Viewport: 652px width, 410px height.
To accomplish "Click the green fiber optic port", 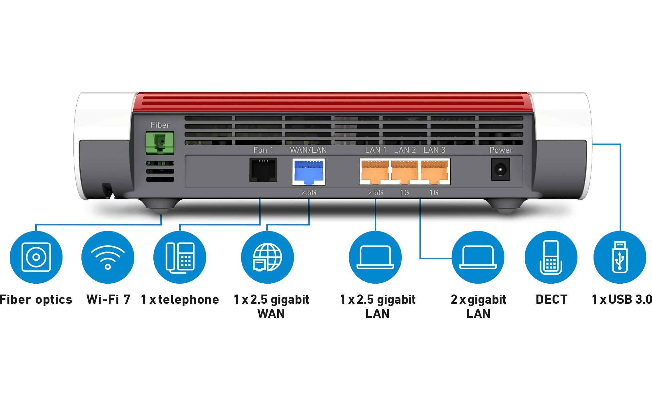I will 160,143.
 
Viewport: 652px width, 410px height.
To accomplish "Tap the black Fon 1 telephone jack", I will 263,170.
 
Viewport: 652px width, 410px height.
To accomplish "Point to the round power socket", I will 500,170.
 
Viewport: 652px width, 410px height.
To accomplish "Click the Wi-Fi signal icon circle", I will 108,257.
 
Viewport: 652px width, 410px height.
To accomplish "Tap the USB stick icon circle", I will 620,257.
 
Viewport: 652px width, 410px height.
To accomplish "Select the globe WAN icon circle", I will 267,257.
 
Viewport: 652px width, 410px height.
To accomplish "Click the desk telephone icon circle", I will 180,257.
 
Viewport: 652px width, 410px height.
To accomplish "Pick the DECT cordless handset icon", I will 551,257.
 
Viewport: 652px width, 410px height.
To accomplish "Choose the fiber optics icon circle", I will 36,257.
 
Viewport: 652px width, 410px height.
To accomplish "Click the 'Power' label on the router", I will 501,150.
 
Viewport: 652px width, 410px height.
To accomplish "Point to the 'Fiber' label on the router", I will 160,125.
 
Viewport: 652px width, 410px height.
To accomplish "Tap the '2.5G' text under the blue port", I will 309,193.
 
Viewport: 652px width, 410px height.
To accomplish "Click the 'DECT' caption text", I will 551,300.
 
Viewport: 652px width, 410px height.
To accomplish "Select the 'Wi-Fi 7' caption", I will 108,300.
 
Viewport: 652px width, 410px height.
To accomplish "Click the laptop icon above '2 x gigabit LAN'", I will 478,257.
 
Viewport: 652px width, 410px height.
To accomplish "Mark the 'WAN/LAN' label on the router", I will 308,150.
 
